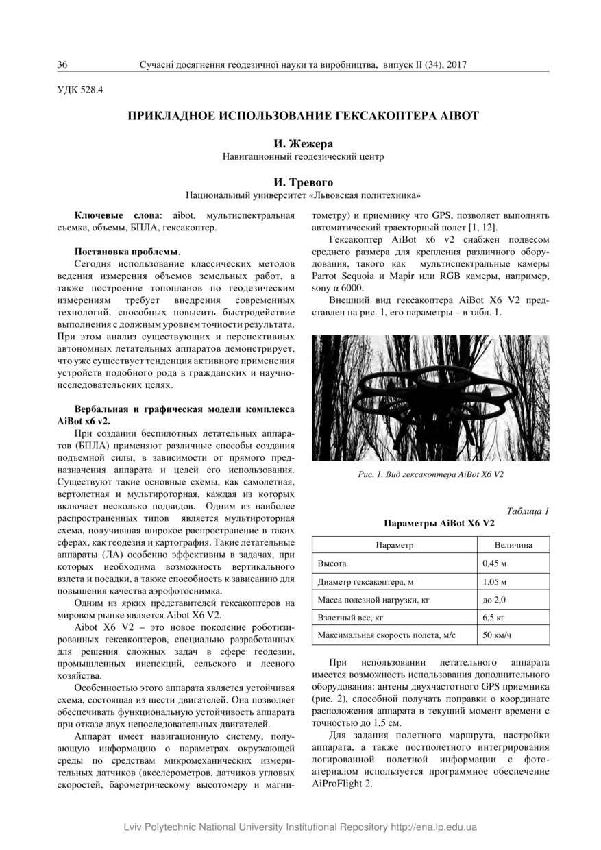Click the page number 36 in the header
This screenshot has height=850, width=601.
tap(62, 64)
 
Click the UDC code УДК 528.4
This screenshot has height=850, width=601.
tap(80, 88)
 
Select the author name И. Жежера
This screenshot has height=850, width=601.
tap(303, 144)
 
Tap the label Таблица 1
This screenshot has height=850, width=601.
tap(528, 511)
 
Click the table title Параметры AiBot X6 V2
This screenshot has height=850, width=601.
tap(430, 523)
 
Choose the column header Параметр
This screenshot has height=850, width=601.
tap(395, 545)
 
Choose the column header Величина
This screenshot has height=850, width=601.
tap(513, 545)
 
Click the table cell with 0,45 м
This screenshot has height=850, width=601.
tap(495, 563)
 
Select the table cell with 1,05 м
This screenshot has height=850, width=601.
tap(495, 582)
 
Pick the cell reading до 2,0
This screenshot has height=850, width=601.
tap(495, 600)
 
